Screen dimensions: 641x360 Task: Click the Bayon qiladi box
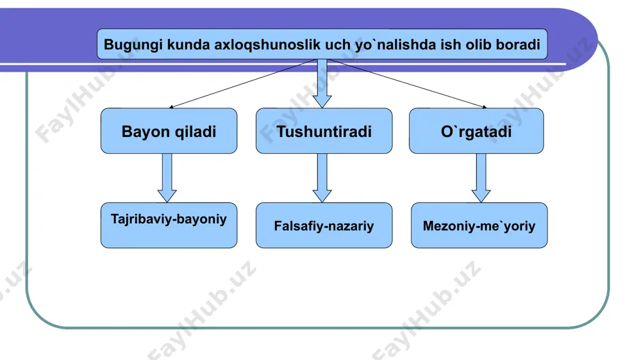pyautogui.click(x=169, y=131)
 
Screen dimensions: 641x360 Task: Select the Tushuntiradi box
pyautogui.click(x=324, y=131)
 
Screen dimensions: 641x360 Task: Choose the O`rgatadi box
pyautogui.click(x=476, y=131)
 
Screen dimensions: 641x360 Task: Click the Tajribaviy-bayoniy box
pyautogui.click(x=169, y=225)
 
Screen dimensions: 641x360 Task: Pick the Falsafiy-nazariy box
pyautogui.click(x=324, y=225)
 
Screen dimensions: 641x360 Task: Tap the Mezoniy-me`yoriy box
pyautogui.click(x=479, y=225)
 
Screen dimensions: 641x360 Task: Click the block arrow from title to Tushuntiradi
pyautogui.click(x=322, y=83)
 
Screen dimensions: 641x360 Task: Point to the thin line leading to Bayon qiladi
pyautogui.click(x=243, y=83)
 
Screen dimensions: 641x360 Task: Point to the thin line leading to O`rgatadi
pyautogui.click(x=407, y=83)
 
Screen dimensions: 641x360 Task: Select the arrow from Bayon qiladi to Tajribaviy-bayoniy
pyautogui.click(x=167, y=177)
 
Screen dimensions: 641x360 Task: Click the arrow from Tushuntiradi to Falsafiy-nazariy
pyautogui.click(x=322, y=177)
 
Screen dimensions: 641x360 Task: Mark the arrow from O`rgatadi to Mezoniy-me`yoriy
pyautogui.click(x=481, y=177)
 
